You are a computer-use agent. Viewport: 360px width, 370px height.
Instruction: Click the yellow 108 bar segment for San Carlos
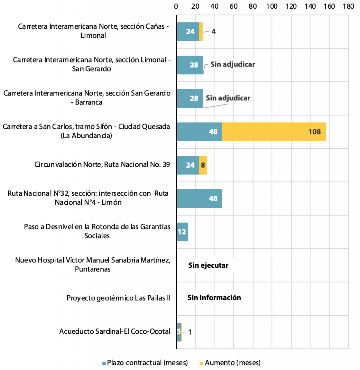click(x=274, y=132)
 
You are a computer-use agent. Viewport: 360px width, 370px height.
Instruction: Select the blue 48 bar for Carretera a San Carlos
click(x=199, y=132)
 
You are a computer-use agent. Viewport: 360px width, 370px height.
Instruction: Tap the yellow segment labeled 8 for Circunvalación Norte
click(x=203, y=165)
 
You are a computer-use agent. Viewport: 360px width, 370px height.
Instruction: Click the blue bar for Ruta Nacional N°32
click(x=199, y=198)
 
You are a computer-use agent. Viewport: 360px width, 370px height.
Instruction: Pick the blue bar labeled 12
click(x=182, y=232)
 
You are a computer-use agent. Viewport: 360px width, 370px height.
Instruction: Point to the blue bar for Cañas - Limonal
click(x=188, y=32)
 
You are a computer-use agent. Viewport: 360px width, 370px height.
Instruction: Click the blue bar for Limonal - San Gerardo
click(x=190, y=65)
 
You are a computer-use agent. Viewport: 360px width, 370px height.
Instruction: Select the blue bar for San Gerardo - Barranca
click(x=190, y=98)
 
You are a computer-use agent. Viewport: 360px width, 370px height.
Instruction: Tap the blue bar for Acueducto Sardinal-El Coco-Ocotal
click(x=179, y=332)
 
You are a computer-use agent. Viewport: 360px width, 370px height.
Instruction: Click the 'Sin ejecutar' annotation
click(x=208, y=266)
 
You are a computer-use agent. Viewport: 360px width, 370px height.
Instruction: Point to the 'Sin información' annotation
click(x=214, y=298)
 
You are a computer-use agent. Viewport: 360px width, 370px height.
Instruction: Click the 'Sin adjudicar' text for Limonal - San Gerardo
click(x=233, y=64)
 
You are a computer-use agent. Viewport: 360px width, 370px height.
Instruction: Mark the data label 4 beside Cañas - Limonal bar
click(x=213, y=32)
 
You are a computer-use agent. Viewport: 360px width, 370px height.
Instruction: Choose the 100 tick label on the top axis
click(x=272, y=7)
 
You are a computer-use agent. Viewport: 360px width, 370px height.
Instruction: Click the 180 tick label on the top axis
click(x=348, y=7)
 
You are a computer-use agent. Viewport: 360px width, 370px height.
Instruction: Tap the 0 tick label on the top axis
click(x=176, y=7)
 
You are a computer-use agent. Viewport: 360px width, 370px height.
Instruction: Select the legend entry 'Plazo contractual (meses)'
click(x=145, y=363)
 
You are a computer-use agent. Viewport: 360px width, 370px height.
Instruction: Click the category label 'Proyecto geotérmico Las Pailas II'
click(x=118, y=298)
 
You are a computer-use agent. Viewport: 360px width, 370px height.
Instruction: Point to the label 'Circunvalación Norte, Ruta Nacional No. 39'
click(x=102, y=164)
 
